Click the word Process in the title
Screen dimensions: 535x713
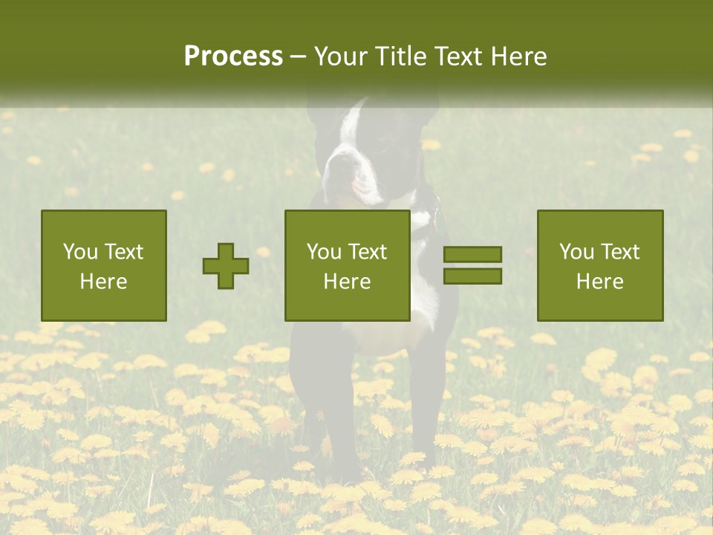coord(233,56)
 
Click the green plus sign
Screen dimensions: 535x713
coord(226,266)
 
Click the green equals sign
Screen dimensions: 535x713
coord(472,265)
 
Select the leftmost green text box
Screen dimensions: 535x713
coord(103,266)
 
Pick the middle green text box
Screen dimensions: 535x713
coord(347,266)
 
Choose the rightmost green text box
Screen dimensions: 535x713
coord(599,266)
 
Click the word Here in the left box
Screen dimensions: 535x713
coord(103,282)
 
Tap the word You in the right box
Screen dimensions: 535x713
coord(576,252)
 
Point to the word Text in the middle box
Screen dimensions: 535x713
coord(368,252)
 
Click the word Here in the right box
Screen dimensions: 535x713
coord(599,282)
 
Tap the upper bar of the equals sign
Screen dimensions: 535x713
coord(472,255)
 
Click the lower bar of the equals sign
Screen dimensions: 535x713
coord(472,276)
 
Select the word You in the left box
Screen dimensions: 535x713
coord(80,252)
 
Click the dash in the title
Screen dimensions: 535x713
coord(299,57)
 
